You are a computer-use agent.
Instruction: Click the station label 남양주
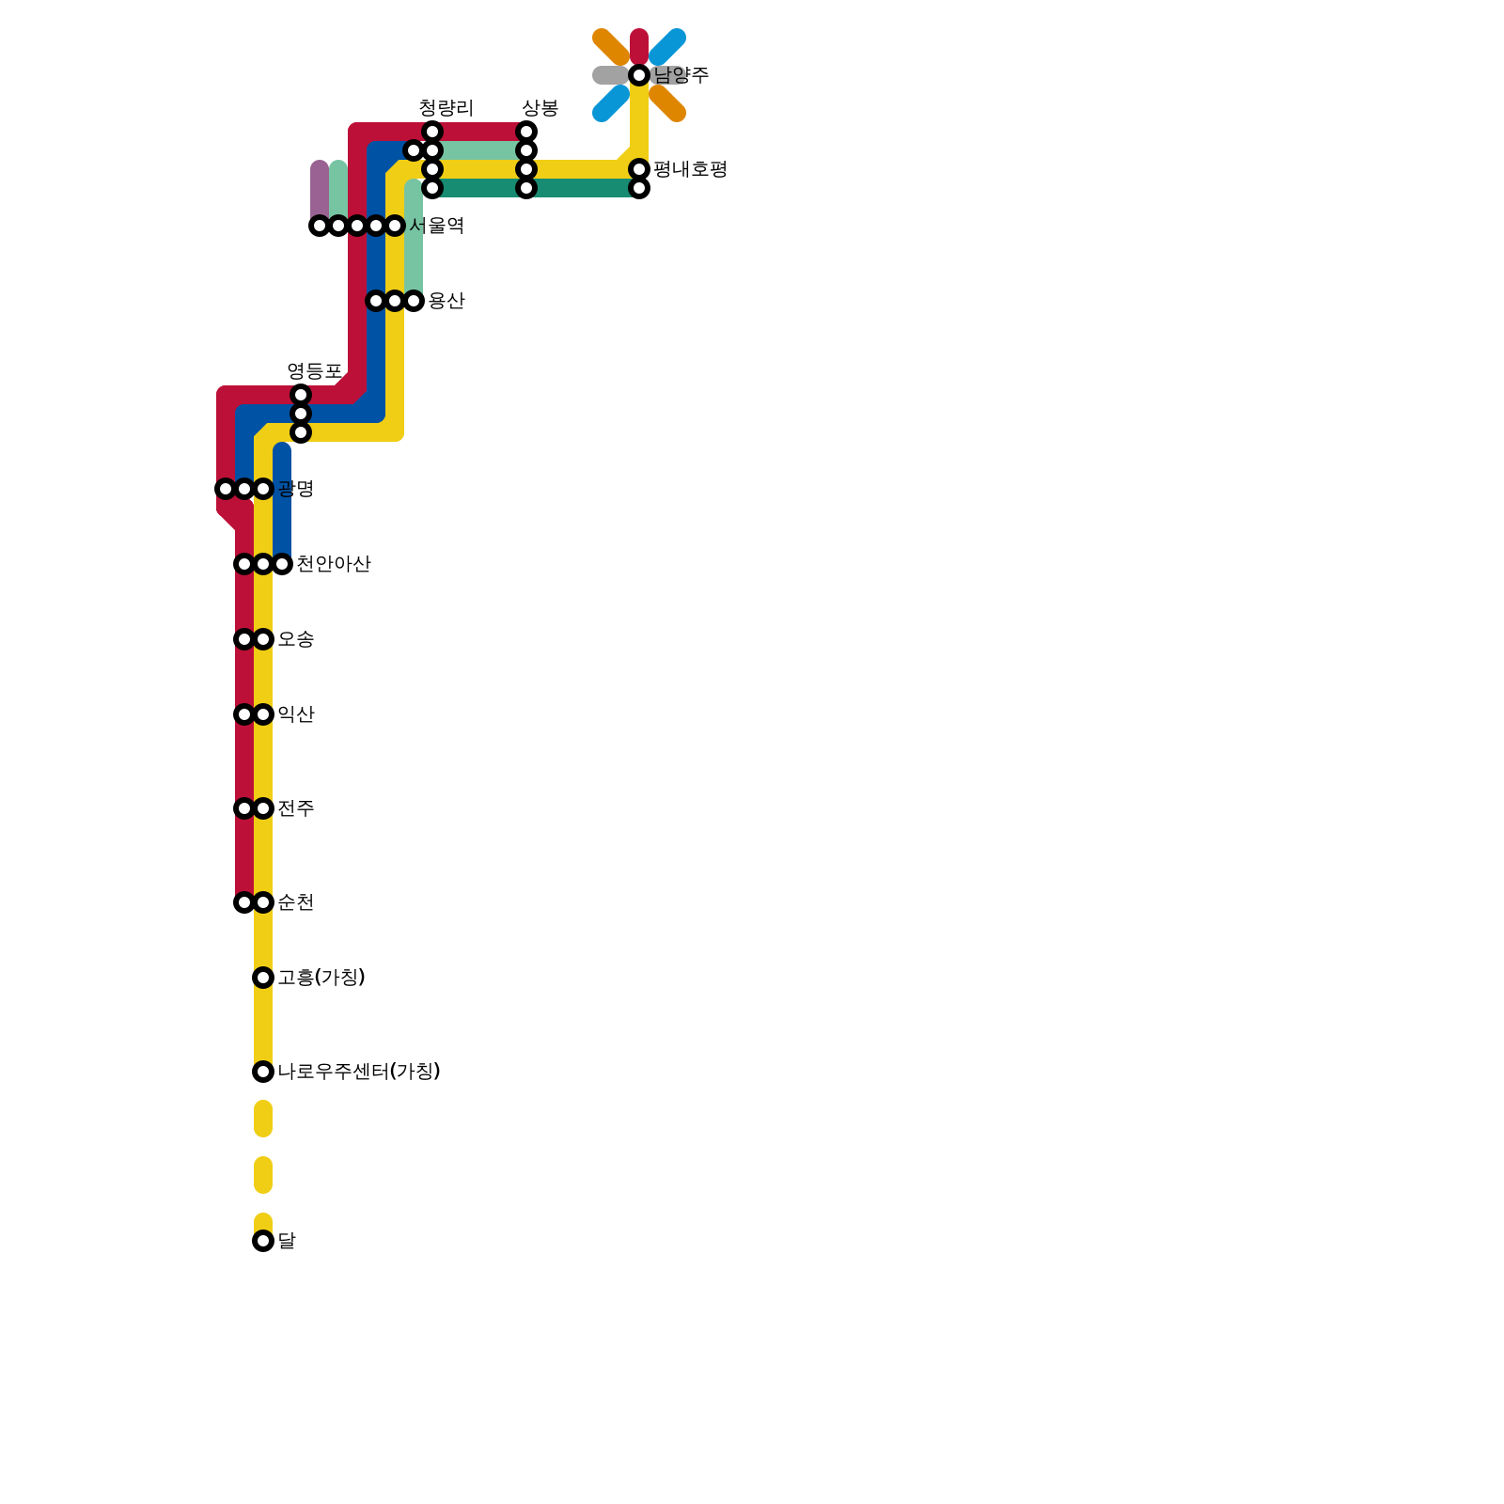tap(681, 75)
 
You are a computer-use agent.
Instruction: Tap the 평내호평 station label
tap(690, 169)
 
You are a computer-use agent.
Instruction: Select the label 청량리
tap(446, 108)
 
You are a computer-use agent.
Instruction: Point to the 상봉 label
tap(540, 108)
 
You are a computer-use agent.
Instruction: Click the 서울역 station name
tap(437, 226)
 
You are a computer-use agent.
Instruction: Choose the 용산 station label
tap(446, 301)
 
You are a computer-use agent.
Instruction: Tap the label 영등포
tap(314, 371)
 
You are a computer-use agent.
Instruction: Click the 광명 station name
tap(296, 489)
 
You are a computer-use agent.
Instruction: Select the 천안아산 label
tap(334, 564)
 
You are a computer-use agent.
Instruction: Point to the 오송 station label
tap(296, 639)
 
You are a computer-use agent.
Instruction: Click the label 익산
tap(296, 714)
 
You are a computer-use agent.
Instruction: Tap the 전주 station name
tap(296, 808)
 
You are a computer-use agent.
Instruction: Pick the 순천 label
tap(296, 902)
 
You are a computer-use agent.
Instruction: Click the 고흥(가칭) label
tap(321, 978)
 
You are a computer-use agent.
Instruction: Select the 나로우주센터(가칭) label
tap(359, 1072)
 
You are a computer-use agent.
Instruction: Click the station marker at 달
tap(263, 1241)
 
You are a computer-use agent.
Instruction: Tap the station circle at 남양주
tap(639, 75)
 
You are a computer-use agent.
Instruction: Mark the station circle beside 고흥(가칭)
tap(263, 978)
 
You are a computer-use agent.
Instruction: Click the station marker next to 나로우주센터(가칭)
tap(263, 1072)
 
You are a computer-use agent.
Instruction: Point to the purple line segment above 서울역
tap(320, 193)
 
